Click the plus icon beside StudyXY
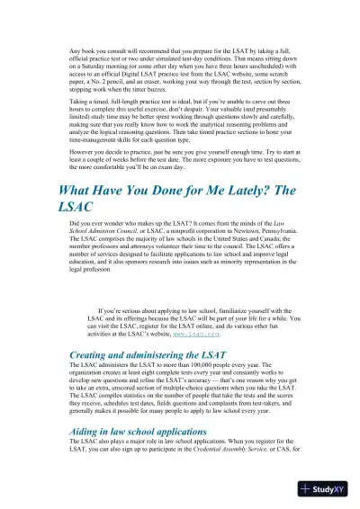point(307,490)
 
